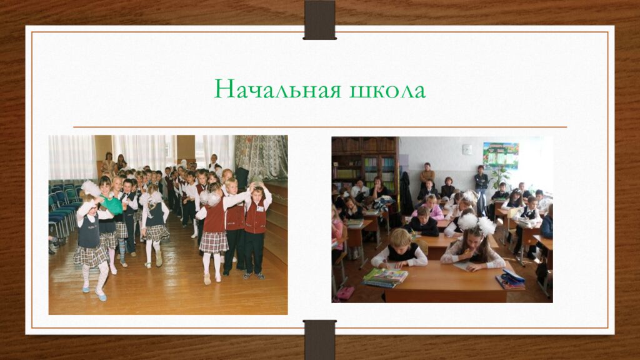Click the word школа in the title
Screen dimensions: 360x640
pos(387,90)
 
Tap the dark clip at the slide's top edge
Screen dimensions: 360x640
pos(319,19)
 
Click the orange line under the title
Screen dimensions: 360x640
pos(319,127)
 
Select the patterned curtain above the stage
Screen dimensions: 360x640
pos(261,156)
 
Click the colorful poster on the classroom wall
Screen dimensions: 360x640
pos(501,156)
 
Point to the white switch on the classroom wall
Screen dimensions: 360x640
pos(467,149)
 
